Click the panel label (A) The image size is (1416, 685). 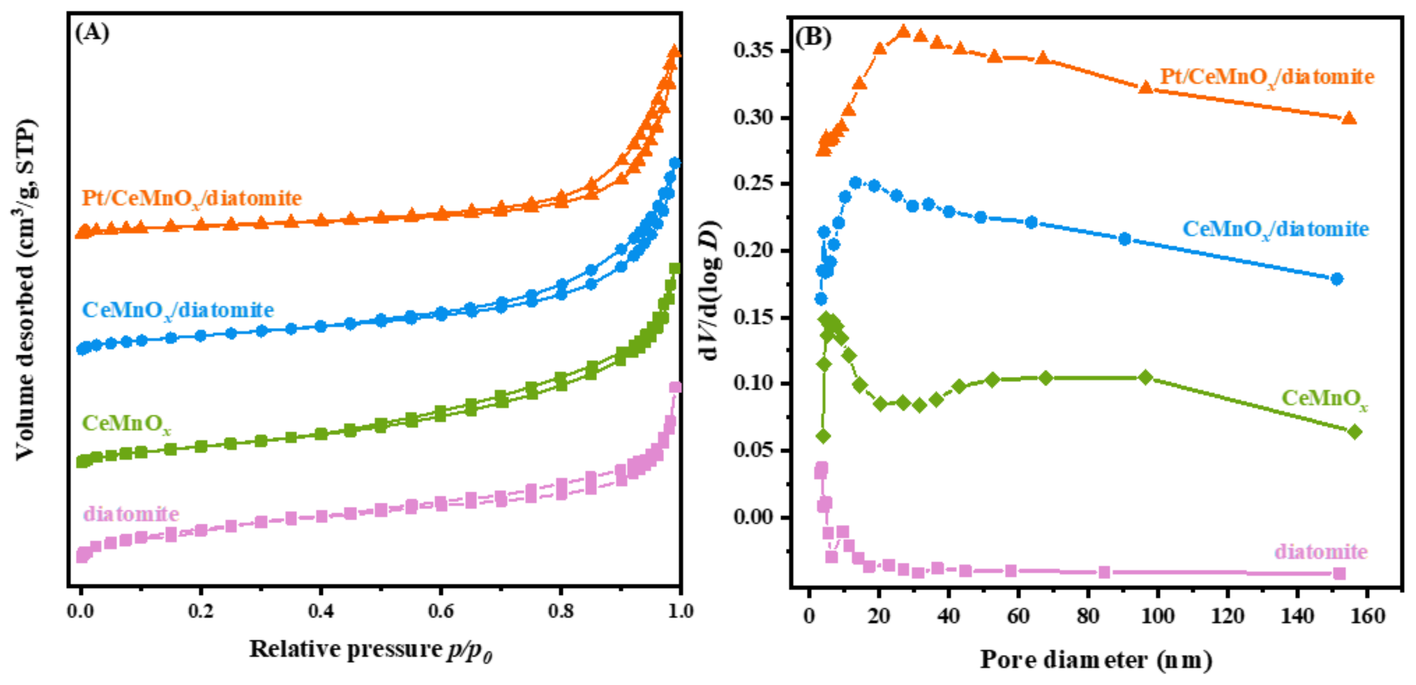[92, 33]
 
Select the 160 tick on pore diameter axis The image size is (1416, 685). [1367, 616]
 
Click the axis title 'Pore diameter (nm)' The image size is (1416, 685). [1096, 660]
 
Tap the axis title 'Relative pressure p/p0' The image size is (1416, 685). [371, 650]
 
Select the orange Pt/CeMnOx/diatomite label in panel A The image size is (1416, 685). [192, 198]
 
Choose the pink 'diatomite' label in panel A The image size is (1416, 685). [131, 514]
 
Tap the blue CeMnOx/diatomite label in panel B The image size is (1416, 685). [1275, 229]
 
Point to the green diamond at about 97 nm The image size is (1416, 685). [1146, 378]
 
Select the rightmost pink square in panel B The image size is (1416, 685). [1340, 573]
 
